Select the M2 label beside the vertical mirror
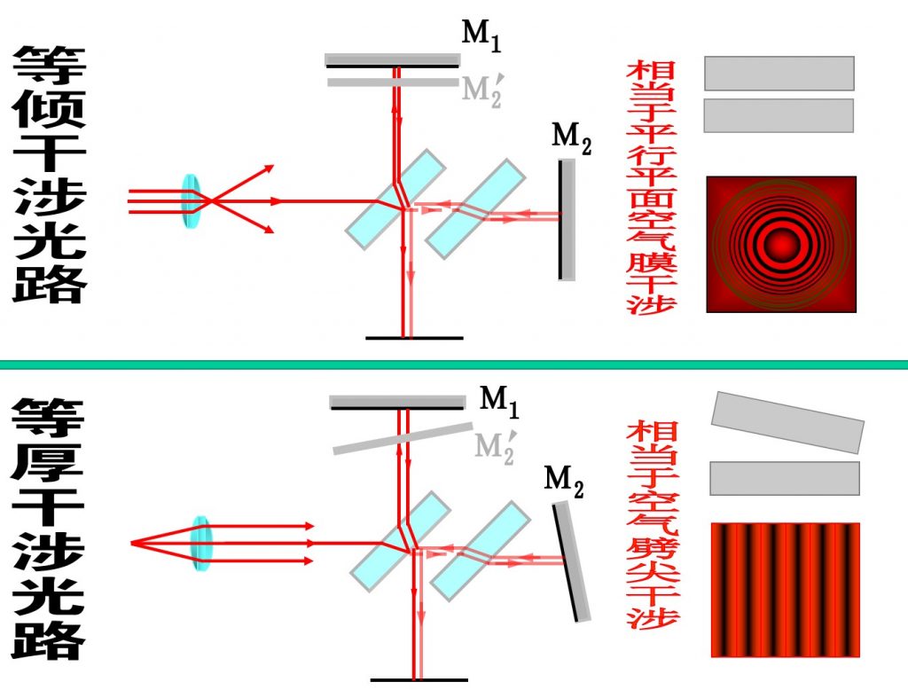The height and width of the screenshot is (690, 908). click(571, 138)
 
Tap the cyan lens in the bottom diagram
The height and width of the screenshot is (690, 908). click(202, 542)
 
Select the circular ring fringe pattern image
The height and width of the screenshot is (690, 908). click(780, 244)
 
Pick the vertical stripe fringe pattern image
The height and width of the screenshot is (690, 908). click(785, 590)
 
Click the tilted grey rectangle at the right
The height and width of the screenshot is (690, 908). click(787, 421)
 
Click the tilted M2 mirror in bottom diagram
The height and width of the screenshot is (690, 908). click(571, 561)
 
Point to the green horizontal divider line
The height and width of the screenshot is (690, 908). click(454, 365)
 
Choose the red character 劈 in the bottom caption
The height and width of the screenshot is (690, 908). click(652, 548)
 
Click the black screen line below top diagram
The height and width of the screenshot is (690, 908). click(414, 338)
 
